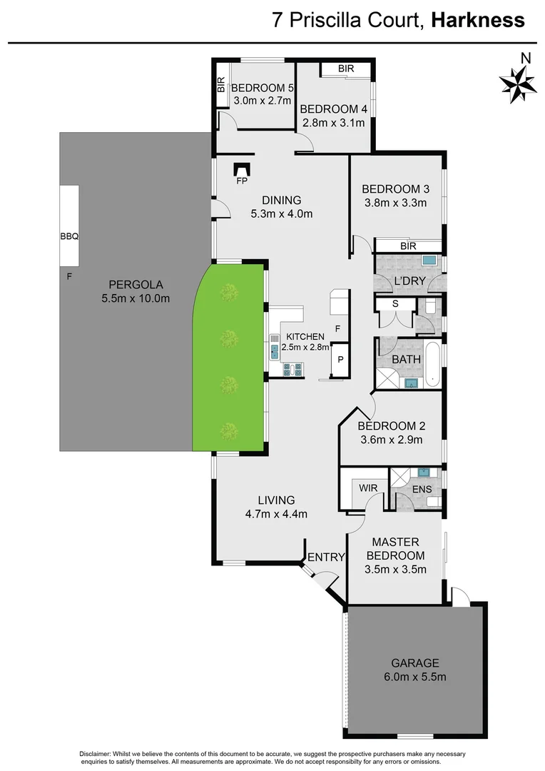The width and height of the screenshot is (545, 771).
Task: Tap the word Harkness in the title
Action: (x=477, y=20)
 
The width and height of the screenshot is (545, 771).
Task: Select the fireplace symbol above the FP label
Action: (x=243, y=168)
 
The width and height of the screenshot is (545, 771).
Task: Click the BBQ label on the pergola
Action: (x=68, y=235)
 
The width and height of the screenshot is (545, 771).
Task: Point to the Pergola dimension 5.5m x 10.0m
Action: (x=136, y=298)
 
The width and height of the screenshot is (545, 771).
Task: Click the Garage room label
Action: (x=414, y=662)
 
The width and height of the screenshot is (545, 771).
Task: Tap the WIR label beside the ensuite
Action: (x=368, y=488)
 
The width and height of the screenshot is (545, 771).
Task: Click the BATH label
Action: (x=406, y=359)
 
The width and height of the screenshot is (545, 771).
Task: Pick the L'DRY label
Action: (x=409, y=281)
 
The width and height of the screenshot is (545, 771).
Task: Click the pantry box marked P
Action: (x=340, y=360)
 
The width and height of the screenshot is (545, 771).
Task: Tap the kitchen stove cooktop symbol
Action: (x=293, y=369)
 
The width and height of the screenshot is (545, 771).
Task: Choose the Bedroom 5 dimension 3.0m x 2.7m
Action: (x=263, y=101)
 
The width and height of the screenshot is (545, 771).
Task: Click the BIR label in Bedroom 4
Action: (x=347, y=69)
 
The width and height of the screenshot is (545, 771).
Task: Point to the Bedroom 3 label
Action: (x=395, y=189)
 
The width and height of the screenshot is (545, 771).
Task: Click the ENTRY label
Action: (x=326, y=557)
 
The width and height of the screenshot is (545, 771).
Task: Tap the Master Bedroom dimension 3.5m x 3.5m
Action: (x=395, y=569)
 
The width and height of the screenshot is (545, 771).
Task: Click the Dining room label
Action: (x=281, y=200)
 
